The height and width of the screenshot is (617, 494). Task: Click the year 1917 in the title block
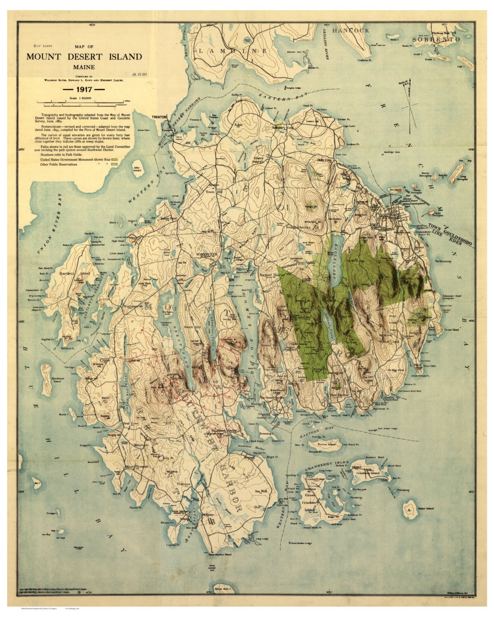click(84, 88)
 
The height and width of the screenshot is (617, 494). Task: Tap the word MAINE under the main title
click(84, 67)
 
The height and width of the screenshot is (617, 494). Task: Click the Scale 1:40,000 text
click(80, 99)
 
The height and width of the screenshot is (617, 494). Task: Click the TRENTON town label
click(159, 117)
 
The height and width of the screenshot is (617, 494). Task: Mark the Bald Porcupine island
click(433, 213)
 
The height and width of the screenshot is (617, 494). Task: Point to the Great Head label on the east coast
click(451, 329)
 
